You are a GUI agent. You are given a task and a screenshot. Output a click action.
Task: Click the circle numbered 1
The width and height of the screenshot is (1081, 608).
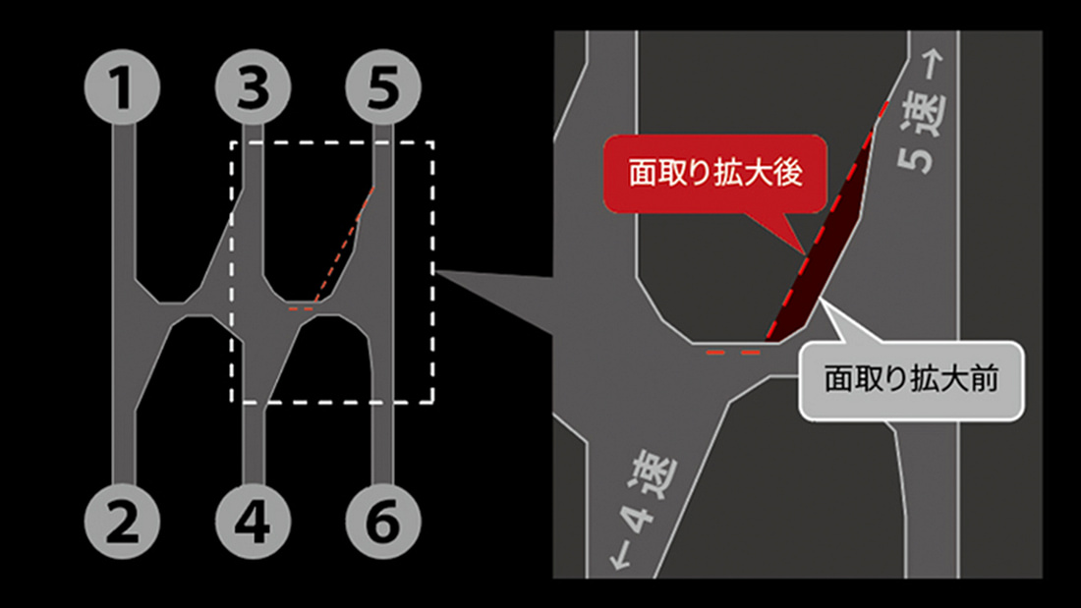click(122, 86)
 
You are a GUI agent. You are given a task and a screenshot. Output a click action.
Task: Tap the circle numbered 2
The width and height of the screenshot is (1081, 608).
click(122, 522)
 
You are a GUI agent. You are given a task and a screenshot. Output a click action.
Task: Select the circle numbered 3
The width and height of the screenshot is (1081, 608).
click(253, 86)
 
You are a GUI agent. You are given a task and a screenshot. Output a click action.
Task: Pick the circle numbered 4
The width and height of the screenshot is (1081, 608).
click(253, 522)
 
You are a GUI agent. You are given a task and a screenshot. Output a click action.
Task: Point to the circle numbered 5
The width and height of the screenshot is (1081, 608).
click(383, 86)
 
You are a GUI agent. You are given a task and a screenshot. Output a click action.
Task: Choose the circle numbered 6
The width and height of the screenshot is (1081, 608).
click(383, 522)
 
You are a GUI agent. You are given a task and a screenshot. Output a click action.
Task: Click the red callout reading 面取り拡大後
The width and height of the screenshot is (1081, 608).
click(714, 173)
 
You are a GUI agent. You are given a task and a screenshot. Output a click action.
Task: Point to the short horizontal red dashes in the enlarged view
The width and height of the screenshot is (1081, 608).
click(733, 353)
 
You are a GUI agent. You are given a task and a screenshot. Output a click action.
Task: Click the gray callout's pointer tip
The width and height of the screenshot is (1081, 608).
click(821, 300)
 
